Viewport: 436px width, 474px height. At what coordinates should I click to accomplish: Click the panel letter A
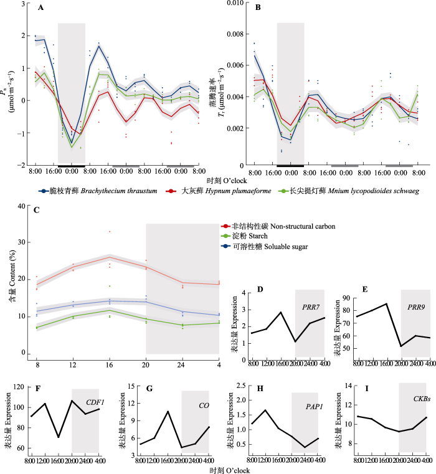(x=40, y=8)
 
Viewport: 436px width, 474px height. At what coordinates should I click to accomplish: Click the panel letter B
(x=257, y=8)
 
